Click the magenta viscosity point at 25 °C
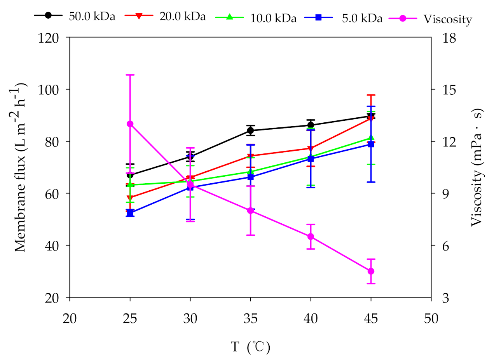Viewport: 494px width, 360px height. (x=130, y=124)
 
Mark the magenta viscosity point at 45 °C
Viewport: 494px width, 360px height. (x=371, y=271)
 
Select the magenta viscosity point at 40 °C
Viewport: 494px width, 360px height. (x=311, y=237)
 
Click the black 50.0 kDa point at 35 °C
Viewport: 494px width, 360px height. (x=250, y=130)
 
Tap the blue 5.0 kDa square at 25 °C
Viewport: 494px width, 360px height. (x=130, y=213)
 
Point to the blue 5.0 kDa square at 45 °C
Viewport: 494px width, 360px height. (x=371, y=144)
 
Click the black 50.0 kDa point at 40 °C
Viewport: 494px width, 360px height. (x=311, y=125)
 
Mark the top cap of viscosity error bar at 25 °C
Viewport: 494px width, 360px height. (x=130, y=75)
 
